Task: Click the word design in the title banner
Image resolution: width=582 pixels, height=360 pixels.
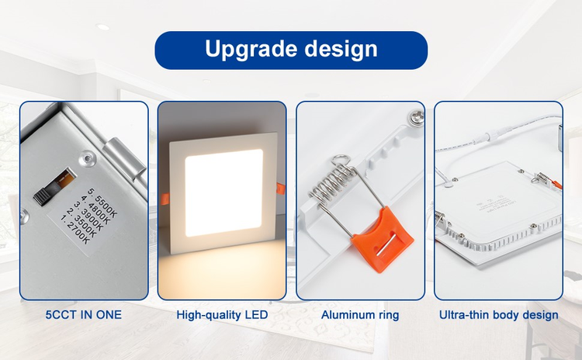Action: [x=341, y=50]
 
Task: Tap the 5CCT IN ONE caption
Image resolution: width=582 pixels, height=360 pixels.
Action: [x=83, y=315]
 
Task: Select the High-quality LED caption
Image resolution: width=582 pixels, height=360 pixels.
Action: [x=222, y=315]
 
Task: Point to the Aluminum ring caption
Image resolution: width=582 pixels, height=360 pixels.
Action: [x=360, y=315]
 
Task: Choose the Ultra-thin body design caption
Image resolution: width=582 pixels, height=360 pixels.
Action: [x=498, y=315]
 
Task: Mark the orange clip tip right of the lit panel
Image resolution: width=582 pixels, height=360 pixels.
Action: [x=279, y=186]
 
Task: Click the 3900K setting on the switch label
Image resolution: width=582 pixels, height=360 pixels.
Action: [x=92, y=213]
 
